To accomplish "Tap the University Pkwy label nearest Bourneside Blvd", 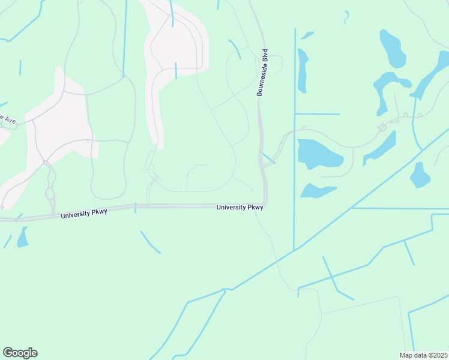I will [x=240, y=208].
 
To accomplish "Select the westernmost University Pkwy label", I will [x=83, y=213].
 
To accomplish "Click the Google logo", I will [x=20, y=353].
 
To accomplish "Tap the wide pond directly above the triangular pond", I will [x=319, y=154].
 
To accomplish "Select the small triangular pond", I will [x=316, y=191].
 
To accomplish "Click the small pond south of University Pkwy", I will [x=23, y=238].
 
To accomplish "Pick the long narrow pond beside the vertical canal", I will [x=303, y=71].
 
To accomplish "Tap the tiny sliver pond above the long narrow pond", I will [x=307, y=35].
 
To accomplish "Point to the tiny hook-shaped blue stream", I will [x=346, y=17].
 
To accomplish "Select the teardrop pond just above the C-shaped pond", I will [x=393, y=50].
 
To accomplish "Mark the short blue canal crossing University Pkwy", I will [x=136, y=208].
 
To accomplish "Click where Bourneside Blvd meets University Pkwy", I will [x=265, y=206].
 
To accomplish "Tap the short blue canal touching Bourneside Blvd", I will [x=268, y=158].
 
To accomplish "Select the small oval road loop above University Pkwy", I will [x=50, y=193].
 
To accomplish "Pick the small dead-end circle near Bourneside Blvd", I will [x=252, y=190].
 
